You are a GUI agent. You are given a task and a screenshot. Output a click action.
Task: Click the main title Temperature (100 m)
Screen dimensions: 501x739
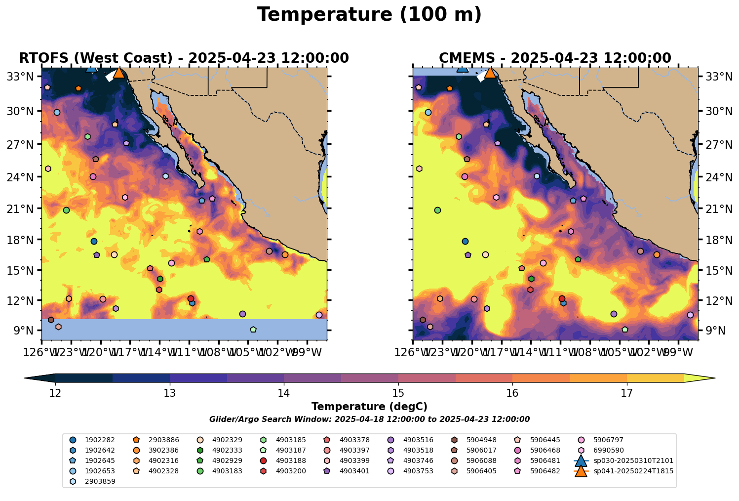coord(369,15)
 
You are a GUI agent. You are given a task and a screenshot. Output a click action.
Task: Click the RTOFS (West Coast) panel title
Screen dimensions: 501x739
coord(184,58)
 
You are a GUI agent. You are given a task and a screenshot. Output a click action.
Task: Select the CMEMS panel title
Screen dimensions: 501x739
coord(555,58)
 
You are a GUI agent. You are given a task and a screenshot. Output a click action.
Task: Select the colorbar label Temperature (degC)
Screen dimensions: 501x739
coord(369,407)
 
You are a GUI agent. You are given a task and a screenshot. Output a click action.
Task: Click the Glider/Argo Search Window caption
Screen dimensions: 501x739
coord(369,419)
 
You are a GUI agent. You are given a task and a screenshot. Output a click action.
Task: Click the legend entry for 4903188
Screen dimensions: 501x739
coord(291,460)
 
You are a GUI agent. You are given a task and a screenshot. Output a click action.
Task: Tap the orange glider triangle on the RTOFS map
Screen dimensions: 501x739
coord(119,73)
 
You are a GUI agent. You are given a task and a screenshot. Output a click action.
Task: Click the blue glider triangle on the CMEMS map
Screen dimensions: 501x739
coord(463,68)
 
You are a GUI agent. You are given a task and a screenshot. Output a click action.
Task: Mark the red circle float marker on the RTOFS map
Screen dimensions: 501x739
coord(191,298)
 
